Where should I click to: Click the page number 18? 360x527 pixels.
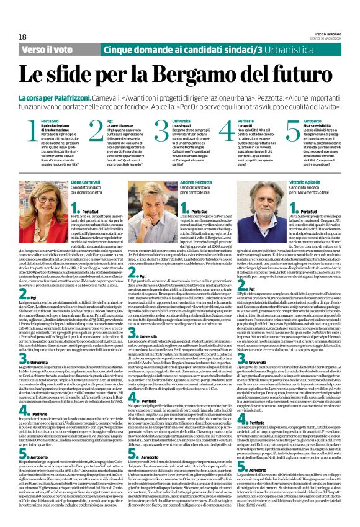click(x=23, y=37)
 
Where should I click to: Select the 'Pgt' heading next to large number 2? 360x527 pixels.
click(x=109, y=120)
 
